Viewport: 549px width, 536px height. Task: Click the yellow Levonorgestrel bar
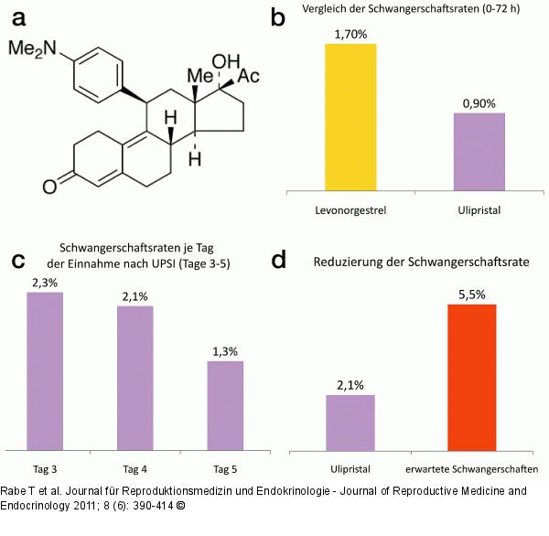click(350, 117)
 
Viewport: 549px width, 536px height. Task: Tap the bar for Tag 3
click(44, 370)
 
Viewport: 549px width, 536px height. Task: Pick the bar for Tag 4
click(135, 378)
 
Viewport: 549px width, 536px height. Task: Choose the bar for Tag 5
click(225, 405)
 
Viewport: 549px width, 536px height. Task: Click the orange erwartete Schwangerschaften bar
click(472, 377)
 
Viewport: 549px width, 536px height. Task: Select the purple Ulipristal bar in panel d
click(350, 423)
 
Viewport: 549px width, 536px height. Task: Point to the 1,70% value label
click(350, 34)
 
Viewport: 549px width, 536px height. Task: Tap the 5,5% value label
click(472, 295)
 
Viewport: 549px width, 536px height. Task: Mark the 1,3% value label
click(225, 352)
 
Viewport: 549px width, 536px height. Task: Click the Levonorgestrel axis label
click(350, 209)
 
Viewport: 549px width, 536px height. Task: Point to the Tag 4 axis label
click(135, 469)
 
